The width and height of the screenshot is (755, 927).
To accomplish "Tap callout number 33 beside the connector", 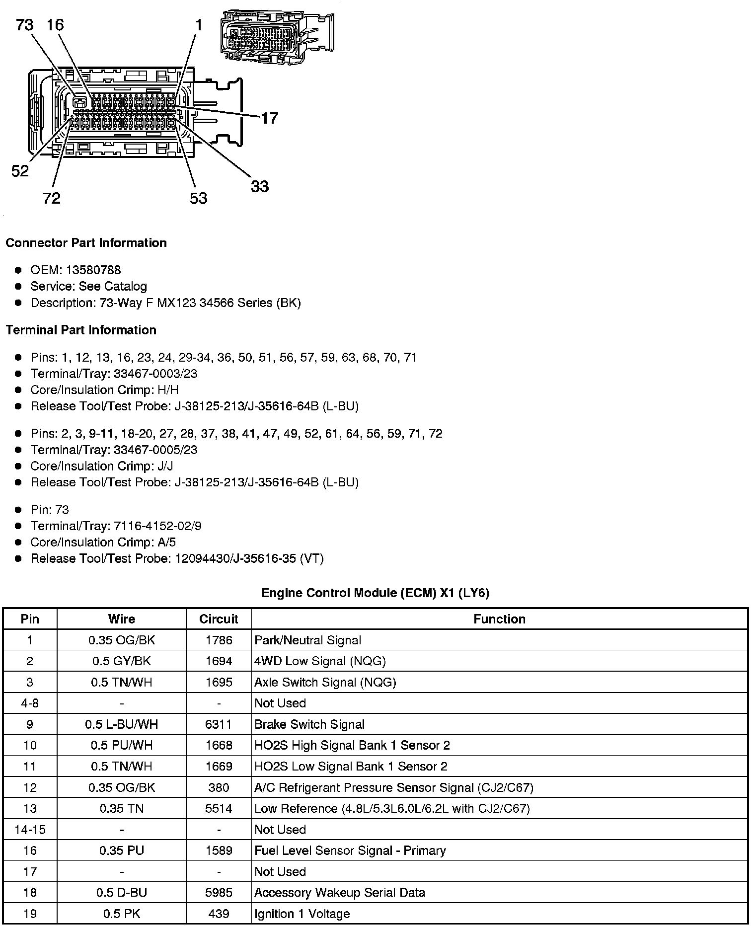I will coord(259,187).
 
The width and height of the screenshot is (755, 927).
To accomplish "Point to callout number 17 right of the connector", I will coord(269,118).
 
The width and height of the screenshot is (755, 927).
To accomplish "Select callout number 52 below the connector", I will coord(20,171).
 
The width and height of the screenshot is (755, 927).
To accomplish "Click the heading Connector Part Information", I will coord(86,243).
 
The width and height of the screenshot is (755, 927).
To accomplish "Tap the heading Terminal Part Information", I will coord(81,330).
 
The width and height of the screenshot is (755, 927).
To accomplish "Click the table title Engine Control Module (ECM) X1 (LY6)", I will coord(376,593).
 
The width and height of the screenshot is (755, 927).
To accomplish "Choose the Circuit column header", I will coord(219,619).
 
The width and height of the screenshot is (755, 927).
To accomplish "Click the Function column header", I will coord(499,619).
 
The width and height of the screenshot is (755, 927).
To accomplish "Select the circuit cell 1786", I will coord(219,640).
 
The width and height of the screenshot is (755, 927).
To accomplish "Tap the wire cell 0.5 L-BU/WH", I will coord(121,724).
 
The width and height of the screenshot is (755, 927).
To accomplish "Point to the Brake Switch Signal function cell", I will coord(309,724).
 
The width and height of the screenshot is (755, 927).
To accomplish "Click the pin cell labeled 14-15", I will coord(30,830).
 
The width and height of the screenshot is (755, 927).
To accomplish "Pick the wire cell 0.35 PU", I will coord(121,850).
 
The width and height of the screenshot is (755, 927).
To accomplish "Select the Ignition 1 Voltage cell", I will coord(302,914).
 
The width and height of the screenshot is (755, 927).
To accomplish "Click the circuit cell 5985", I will coord(219,893).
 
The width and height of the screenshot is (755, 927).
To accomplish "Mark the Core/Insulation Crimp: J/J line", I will coord(101,466).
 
